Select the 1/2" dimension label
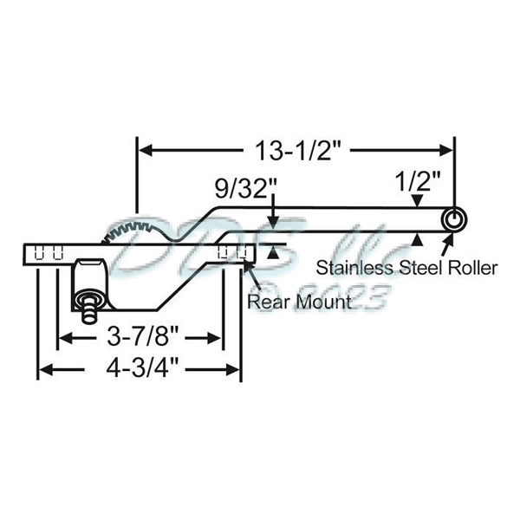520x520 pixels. (x=418, y=182)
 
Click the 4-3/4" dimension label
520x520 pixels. (x=140, y=369)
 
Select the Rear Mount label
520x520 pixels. (x=298, y=302)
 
